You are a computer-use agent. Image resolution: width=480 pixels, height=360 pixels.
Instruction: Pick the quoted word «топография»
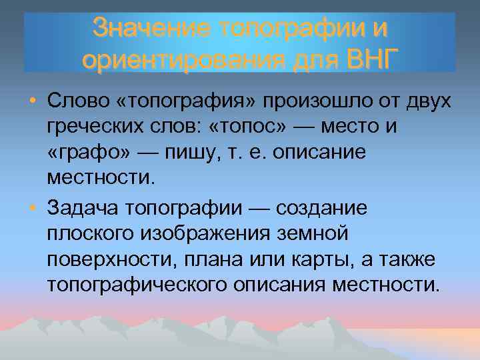coord(175,101)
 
